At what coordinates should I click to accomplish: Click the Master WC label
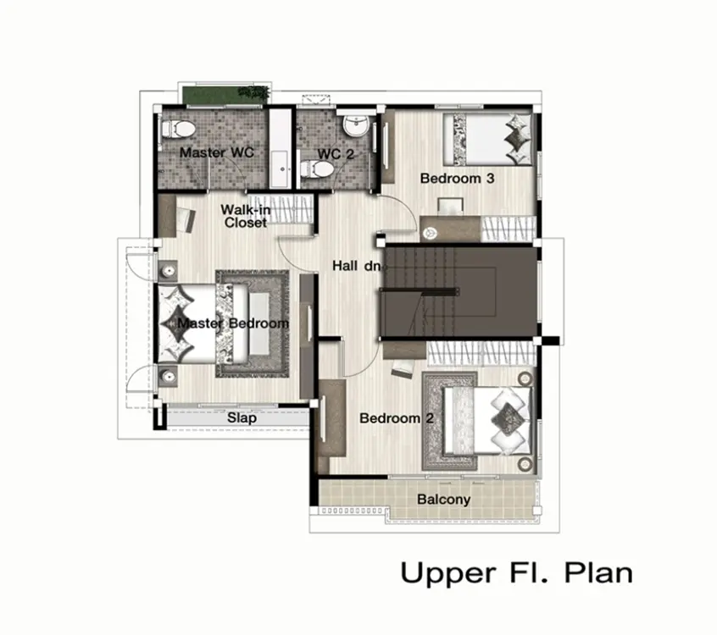point(217,152)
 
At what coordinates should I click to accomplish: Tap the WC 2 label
point(336,154)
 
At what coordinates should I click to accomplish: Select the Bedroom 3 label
point(458,178)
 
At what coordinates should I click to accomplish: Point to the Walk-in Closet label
point(246,216)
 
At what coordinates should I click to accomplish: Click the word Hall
point(345,266)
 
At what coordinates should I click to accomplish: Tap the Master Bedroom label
point(233,323)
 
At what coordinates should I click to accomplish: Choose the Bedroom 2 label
point(397,418)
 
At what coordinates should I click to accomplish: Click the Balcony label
point(443,500)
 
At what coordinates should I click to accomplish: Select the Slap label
point(242,418)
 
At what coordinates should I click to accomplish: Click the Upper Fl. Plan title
point(517,573)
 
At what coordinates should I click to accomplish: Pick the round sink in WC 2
point(356,125)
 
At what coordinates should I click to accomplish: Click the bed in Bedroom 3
point(488,140)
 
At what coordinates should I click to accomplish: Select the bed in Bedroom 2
point(487,421)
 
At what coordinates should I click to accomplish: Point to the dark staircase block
point(459,292)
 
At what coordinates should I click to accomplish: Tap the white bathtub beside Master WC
point(280,148)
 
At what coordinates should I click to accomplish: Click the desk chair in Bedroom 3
point(450,206)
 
